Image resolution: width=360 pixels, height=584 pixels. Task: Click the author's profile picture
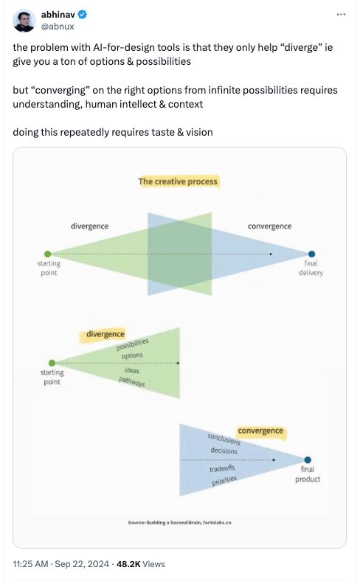coord(24,21)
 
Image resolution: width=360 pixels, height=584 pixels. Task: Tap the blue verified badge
coord(83,15)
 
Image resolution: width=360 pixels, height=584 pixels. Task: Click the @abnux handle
coord(58,27)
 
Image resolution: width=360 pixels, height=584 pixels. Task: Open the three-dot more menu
coord(341,15)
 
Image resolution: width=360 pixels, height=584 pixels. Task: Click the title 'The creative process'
coord(178,181)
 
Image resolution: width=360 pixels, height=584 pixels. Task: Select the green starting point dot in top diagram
coord(47,254)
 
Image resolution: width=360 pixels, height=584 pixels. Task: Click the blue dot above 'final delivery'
coord(312,254)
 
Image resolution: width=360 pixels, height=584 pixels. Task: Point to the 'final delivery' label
coord(311,268)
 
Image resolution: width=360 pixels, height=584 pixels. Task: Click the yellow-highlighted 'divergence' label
coord(105,334)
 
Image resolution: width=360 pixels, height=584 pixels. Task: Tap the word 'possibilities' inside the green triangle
coord(132,344)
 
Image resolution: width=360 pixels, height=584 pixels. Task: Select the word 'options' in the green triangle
coord(132,355)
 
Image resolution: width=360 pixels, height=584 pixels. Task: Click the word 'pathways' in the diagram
coord(132,382)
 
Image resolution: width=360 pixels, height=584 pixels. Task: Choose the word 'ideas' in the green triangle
coord(132,370)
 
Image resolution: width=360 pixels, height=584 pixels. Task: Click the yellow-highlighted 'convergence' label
coord(260,431)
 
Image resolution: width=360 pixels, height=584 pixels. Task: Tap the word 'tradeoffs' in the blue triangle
coord(222,468)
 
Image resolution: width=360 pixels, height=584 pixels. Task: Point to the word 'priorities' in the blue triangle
coord(224,481)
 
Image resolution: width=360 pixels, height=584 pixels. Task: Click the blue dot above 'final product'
coord(308,459)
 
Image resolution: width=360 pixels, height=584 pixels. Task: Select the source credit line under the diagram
coord(179,523)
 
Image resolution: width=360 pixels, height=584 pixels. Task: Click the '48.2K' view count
coord(128,564)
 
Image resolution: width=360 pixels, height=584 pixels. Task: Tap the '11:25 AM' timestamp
coord(30,564)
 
